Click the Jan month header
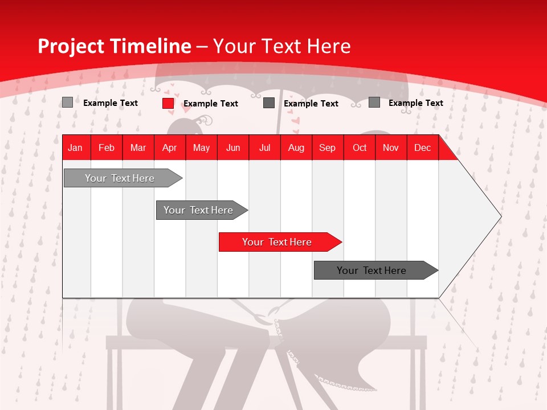75,148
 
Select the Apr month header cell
170,148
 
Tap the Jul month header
265,148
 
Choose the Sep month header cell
327,148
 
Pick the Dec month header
422,148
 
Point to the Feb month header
107,148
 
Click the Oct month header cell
360,148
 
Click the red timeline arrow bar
279,242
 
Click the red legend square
168,103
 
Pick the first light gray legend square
67,102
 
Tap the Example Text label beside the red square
210,104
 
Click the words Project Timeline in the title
114,46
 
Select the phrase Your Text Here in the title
281,46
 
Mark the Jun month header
233,148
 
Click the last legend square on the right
374,102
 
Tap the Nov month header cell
391,148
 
